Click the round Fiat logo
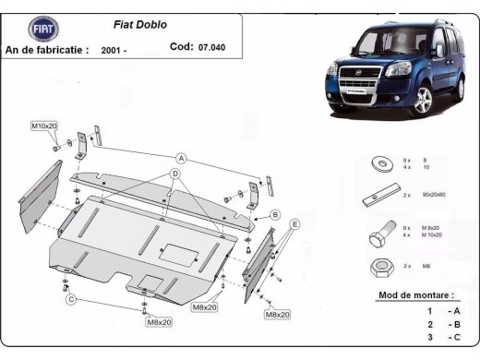43,30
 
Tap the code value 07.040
210,47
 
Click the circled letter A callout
182,159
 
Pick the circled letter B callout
274,214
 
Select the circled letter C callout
69,299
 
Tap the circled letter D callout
174,173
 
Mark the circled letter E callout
295,224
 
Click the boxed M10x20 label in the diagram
43,125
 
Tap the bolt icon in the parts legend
379,236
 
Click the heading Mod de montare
416,295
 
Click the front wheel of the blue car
423,103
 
